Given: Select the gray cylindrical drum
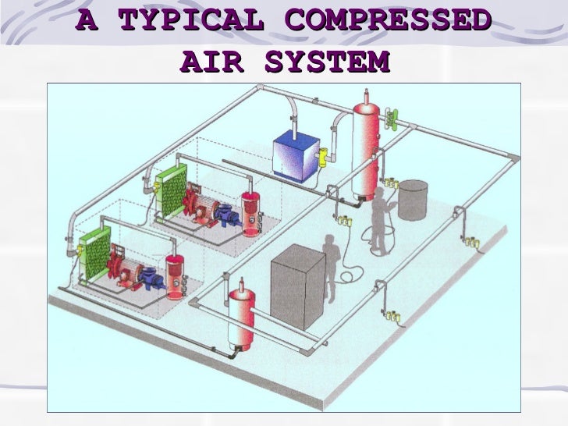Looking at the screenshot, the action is tap(414, 200).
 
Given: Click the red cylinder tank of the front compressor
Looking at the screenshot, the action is tap(177, 273).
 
